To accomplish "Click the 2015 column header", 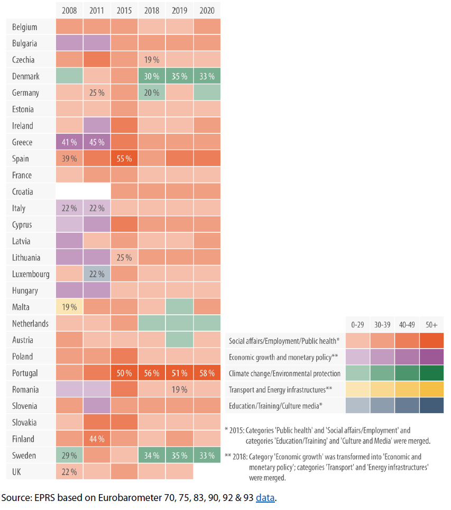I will tap(124, 11).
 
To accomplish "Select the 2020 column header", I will tap(207, 11).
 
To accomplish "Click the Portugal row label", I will tap(25, 373).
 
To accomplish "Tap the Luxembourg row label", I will tap(31, 274).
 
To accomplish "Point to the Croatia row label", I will tap(23, 192).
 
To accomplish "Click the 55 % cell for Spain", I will tap(124, 159).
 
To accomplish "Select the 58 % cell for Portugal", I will tap(207, 373).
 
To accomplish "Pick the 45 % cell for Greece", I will tap(97, 142).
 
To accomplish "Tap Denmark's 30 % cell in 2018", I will tap(152, 76).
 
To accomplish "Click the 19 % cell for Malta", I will tap(69, 307).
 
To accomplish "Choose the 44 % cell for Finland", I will tap(97, 439).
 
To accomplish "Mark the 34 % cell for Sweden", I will tap(152, 456).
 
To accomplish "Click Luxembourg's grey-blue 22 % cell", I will tap(97, 274).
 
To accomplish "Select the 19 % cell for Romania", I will tap(179, 389).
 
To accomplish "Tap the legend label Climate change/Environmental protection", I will tap(284, 374).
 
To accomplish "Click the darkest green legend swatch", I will tap(430, 374).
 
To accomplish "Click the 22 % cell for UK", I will tap(69, 472).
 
